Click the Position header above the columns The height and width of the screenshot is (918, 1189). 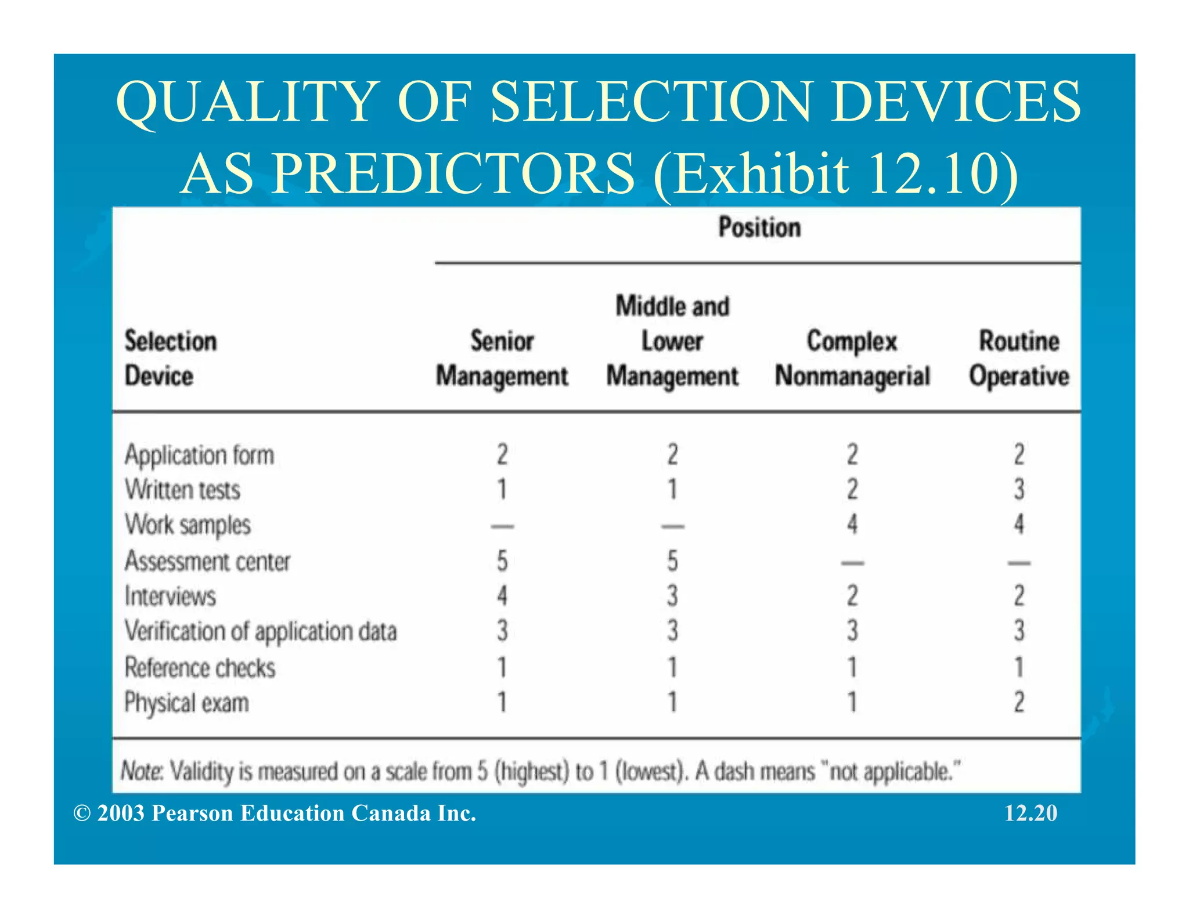[x=759, y=227]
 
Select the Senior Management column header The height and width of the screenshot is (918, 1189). [x=502, y=358]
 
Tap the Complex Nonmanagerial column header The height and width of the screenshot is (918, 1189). [x=852, y=358]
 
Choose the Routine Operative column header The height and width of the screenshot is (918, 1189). [x=1019, y=358]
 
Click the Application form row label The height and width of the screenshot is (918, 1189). [x=199, y=455]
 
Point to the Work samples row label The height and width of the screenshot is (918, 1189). [x=188, y=525]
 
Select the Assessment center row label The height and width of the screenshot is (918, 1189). [x=207, y=561]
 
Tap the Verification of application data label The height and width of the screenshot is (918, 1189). [x=261, y=631]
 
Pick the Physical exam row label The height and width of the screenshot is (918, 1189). [x=186, y=703]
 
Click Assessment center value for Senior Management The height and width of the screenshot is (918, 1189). [x=502, y=561]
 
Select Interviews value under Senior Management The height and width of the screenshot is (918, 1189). [x=502, y=596]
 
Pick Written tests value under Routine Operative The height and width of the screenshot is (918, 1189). [x=1019, y=490]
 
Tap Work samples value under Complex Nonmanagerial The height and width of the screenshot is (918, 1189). [x=852, y=525]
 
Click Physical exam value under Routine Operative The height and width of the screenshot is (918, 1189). [x=1019, y=702]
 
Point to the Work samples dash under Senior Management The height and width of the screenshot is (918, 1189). [x=502, y=527]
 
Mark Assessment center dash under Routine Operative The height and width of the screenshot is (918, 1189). [x=1019, y=562]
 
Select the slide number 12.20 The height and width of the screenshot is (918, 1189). [x=1031, y=813]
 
